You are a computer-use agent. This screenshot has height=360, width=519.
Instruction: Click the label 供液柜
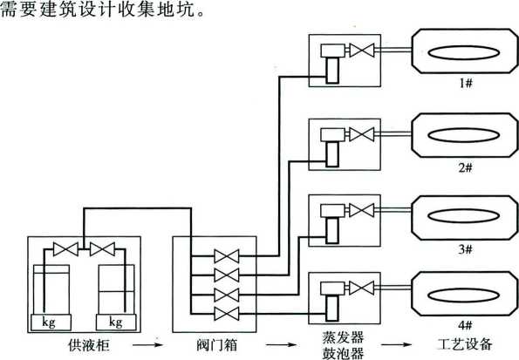88,345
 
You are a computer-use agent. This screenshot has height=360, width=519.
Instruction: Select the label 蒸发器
344,337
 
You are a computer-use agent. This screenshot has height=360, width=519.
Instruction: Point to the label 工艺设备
465,344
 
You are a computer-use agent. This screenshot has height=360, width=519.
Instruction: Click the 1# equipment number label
465,83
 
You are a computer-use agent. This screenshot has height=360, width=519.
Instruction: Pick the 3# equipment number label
465,248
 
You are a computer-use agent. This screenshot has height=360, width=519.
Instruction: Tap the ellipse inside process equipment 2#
464,135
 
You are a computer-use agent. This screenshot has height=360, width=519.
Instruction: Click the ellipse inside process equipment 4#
464,295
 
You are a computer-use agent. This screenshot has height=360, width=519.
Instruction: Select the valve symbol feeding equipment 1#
362,51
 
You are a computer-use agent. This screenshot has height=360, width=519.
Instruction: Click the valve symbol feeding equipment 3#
362,210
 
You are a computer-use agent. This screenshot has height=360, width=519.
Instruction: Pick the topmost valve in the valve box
227,256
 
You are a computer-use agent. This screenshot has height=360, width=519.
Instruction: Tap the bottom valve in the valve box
227,313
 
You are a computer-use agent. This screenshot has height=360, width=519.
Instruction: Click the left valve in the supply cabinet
65,249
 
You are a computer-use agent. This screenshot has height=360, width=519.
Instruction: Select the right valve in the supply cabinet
102,249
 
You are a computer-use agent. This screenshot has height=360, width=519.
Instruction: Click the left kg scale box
51,323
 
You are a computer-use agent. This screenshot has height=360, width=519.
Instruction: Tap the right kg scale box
116,323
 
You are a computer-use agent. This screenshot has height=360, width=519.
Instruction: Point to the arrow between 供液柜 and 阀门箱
148,345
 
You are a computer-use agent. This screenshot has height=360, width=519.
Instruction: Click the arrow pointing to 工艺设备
396,345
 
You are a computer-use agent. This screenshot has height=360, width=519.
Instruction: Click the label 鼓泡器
344,353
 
